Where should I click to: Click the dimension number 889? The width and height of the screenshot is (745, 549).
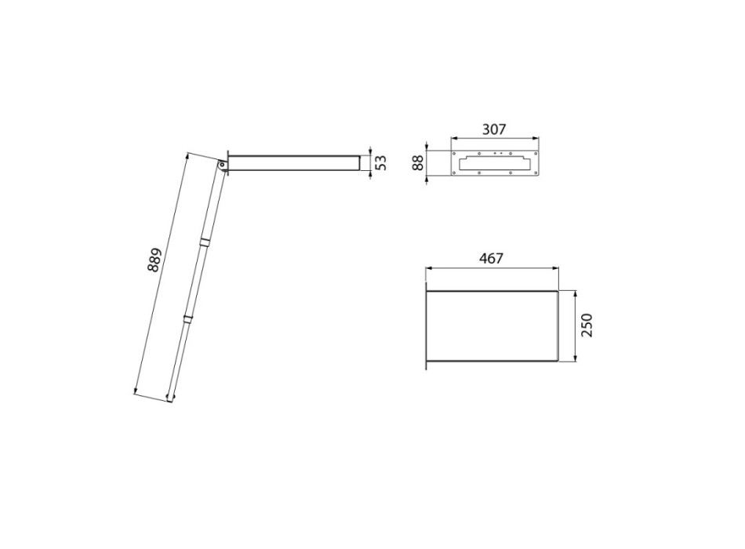click(x=154, y=260)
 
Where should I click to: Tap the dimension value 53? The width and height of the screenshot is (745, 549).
click(x=381, y=163)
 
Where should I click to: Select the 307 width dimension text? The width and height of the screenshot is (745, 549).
click(x=494, y=129)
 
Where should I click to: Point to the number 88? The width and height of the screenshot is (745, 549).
click(x=418, y=162)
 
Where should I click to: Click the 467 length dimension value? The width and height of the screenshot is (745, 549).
click(x=491, y=257)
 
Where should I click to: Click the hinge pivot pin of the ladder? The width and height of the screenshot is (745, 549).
click(x=222, y=164)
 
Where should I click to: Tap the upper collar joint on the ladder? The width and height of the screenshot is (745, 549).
click(x=205, y=241)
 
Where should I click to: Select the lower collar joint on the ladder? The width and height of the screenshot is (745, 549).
click(x=187, y=318)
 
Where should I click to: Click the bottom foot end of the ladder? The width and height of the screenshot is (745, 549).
click(x=169, y=401)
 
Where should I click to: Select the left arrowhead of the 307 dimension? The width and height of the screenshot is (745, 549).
click(x=454, y=140)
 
